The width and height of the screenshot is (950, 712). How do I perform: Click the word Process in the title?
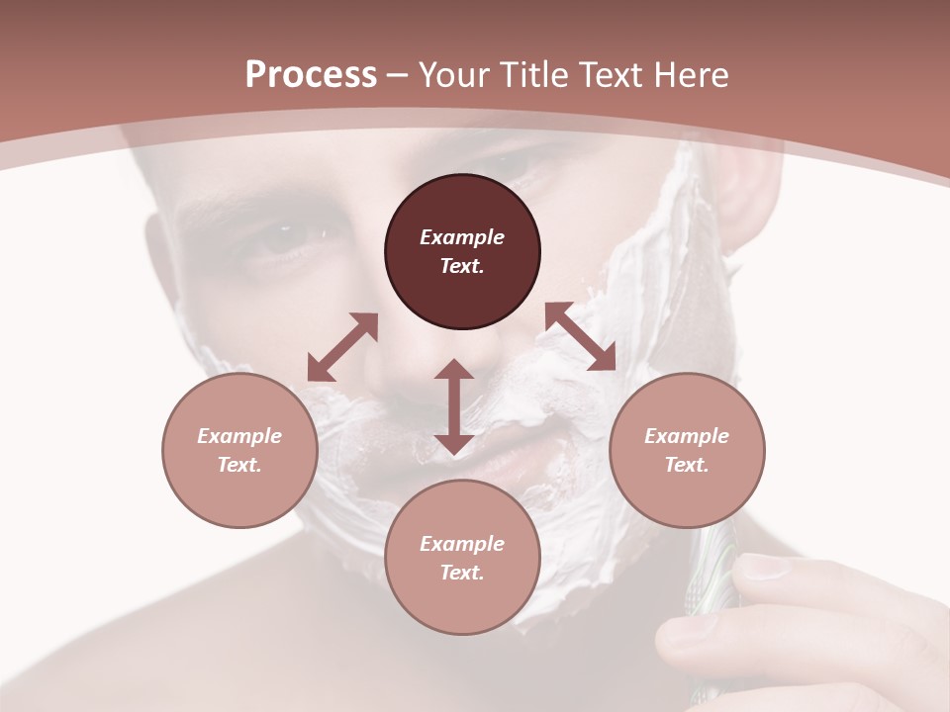311,75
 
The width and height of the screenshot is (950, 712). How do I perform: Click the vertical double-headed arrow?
454,406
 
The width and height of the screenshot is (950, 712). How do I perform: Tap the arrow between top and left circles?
342,346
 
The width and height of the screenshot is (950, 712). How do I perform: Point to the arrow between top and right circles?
581,336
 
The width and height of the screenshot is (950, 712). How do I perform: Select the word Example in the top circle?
462,237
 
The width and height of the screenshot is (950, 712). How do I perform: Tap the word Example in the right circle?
687,436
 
